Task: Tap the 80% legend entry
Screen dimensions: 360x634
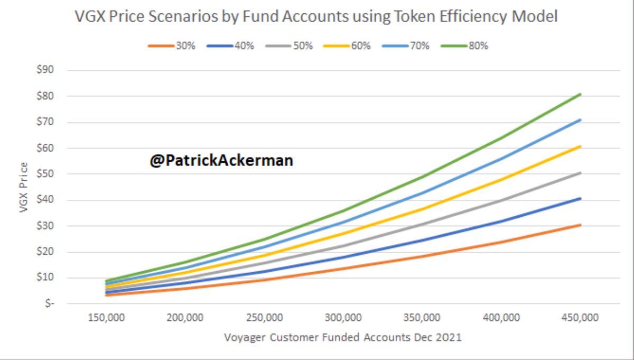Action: [478, 46]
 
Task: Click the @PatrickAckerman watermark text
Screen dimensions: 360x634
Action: [221, 161]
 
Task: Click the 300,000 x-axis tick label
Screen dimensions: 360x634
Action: [344, 318]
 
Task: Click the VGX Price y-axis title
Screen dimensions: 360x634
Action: [24, 187]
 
